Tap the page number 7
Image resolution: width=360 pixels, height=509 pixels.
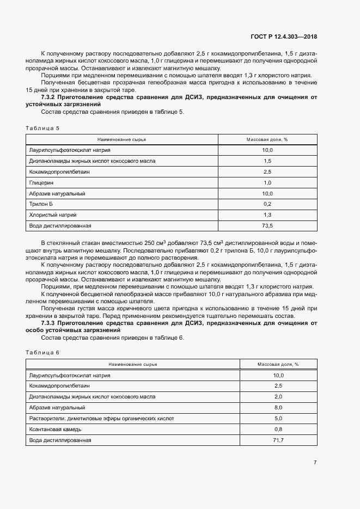click(x=315, y=462)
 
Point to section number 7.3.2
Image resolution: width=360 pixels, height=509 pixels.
click(x=50, y=97)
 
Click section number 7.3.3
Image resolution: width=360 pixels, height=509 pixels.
click(x=50, y=323)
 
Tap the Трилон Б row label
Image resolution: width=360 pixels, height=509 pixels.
click(x=40, y=204)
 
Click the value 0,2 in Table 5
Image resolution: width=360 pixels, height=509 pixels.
click(x=267, y=204)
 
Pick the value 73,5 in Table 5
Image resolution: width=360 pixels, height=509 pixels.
click(x=267, y=225)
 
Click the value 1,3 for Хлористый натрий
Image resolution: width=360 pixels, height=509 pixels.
click(x=267, y=214)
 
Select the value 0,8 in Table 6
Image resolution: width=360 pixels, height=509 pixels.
click(x=278, y=429)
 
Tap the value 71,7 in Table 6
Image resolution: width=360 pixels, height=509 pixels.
click(x=278, y=440)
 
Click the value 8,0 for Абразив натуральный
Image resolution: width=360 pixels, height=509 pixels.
click(x=278, y=407)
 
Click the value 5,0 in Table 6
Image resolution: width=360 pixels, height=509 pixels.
click(x=278, y=418)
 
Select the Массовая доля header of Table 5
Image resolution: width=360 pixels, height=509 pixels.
click(x=267, y=139)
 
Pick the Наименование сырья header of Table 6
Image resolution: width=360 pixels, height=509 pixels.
click(x=133, y=364)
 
